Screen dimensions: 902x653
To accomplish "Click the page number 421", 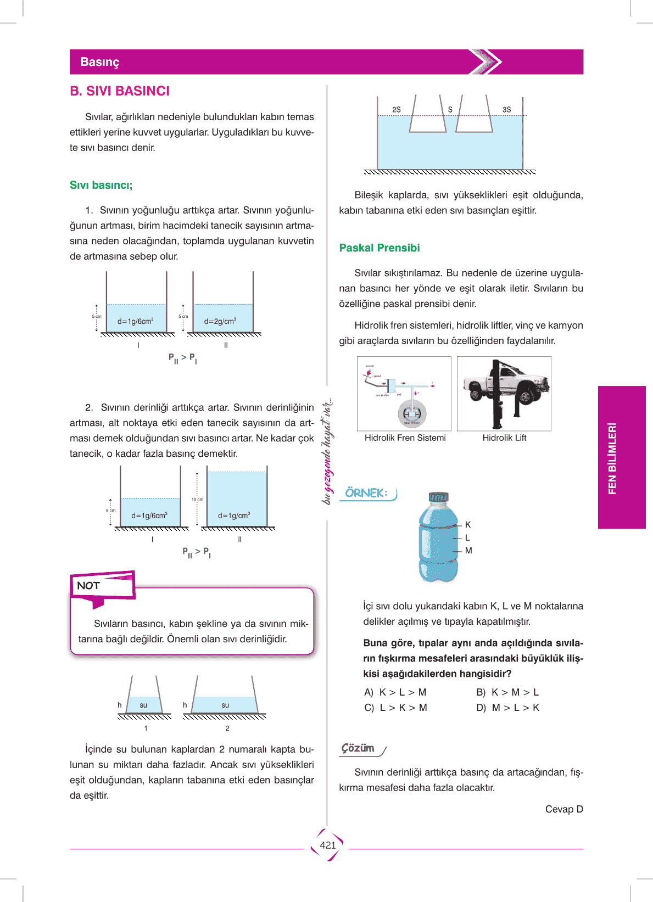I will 327,845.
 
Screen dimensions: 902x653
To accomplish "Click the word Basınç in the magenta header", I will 99,62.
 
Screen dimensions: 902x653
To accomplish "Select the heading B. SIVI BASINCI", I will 120,91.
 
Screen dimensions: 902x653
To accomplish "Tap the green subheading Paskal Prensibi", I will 379,248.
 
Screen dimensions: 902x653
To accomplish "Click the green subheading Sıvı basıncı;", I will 101,185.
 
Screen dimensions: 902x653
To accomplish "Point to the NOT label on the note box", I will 88,586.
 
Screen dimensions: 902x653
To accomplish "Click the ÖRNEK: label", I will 366,493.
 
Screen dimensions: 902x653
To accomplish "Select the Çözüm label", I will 358,748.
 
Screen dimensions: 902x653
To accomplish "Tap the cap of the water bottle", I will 438,497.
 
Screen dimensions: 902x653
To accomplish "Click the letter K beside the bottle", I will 468,525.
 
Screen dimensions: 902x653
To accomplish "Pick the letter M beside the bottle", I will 468,551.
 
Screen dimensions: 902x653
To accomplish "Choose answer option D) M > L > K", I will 507,708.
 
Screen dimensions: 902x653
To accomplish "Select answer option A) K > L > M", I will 395,692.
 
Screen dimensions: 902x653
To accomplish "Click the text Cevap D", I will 564,809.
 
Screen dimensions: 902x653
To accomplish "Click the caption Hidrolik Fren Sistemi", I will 405,438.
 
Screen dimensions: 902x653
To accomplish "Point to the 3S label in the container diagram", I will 506,110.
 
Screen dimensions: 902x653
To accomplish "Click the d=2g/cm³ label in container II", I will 220,321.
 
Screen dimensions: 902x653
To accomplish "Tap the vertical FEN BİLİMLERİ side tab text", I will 612,458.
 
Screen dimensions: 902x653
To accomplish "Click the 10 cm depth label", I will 197,500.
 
